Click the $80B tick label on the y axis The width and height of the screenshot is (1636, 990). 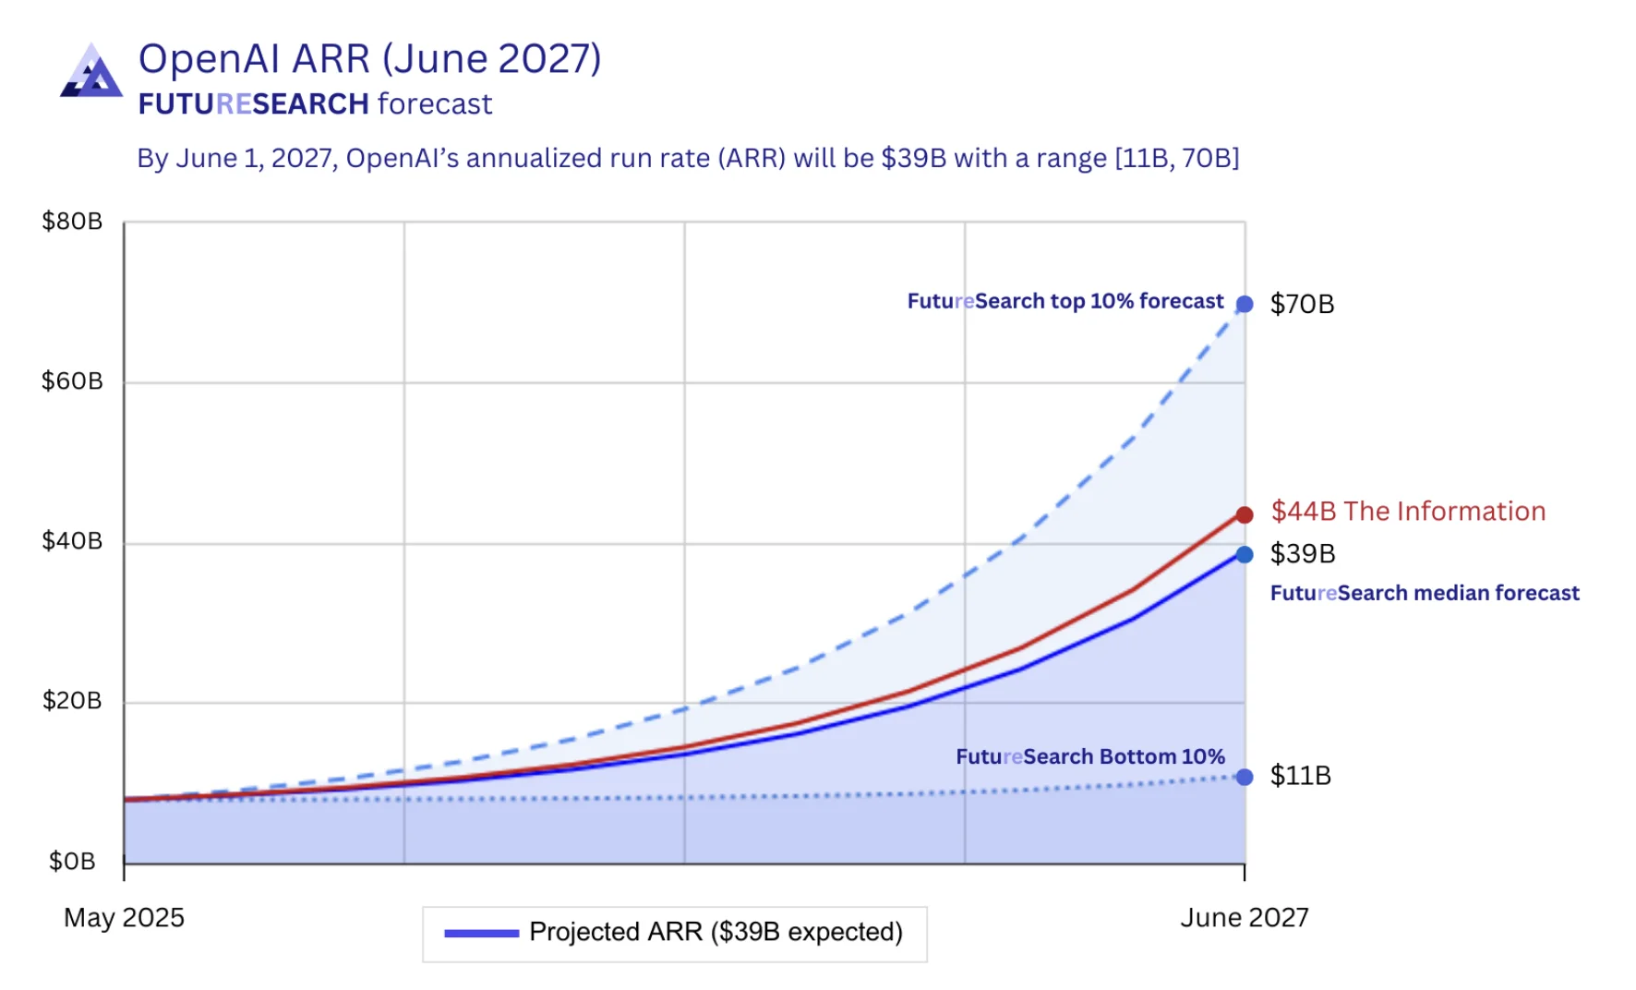[72, 222]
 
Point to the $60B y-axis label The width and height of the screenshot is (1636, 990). [72, 381]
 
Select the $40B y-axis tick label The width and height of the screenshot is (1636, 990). [72, 541]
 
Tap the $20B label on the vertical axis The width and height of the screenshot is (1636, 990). [72, 701]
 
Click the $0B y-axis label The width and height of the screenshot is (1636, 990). [72, 862]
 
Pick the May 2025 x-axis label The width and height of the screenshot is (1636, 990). [124, 918]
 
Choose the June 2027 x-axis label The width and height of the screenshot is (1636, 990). [1244, 918]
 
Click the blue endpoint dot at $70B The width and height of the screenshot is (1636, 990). [1245, 304]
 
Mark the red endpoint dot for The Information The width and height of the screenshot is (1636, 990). [1245, 514]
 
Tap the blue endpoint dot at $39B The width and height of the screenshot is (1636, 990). [1245, 554]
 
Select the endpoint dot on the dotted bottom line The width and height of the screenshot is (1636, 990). [1245, 777]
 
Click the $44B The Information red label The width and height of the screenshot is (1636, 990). [1407, 512]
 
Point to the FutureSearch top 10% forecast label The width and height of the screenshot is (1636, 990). [1065, 302]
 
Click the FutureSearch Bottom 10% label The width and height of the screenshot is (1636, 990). [1089, 757]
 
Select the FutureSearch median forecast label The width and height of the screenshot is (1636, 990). [1424, 593]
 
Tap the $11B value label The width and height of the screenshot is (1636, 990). [1300, 776]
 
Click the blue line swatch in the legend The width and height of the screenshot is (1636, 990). [481, 934]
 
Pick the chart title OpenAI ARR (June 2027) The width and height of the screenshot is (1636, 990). [369, 59]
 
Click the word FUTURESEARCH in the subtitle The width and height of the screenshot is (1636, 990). [253, 104]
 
